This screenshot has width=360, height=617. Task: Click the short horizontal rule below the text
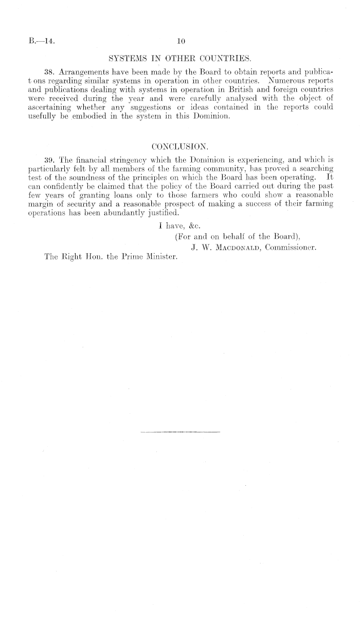point(179,431)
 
